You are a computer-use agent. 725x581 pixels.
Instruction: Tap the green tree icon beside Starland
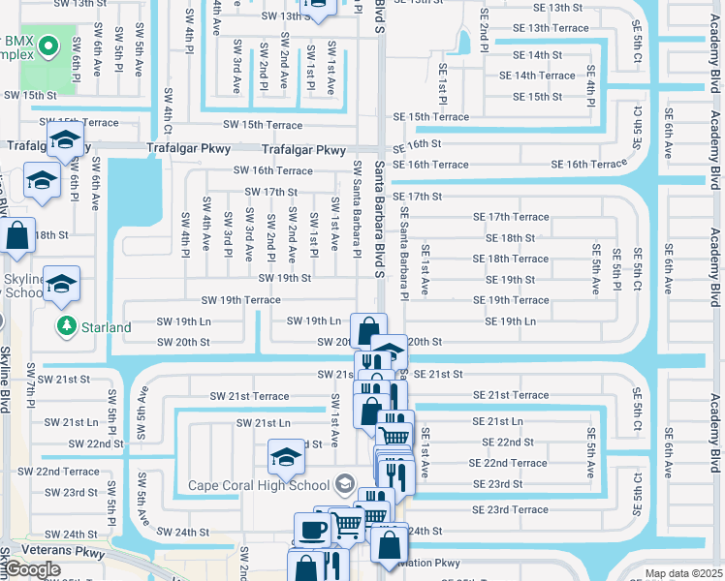[67, 326]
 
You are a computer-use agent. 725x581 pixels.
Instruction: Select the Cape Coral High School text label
[259, 486]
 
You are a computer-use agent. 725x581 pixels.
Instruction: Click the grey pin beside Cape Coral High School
[343, 484]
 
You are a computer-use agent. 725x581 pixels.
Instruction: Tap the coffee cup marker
[312, 529]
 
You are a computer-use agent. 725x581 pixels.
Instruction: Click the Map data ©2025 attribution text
[683, 573]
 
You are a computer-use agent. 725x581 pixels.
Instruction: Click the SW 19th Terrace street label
[240, 300]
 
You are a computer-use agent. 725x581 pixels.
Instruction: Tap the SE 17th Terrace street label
[511, 217]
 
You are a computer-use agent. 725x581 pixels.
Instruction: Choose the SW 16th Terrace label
[272, 170]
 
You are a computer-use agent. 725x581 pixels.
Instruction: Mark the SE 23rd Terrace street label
[510, 509]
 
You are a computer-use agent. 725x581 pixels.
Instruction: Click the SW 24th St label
[183, 533]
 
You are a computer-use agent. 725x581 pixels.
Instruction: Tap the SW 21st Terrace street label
[249, 396]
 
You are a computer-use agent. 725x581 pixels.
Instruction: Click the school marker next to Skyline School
[62, 284]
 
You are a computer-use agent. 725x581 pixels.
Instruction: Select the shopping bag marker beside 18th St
[17, 235]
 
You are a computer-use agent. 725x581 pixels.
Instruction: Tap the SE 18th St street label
[504, 238]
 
